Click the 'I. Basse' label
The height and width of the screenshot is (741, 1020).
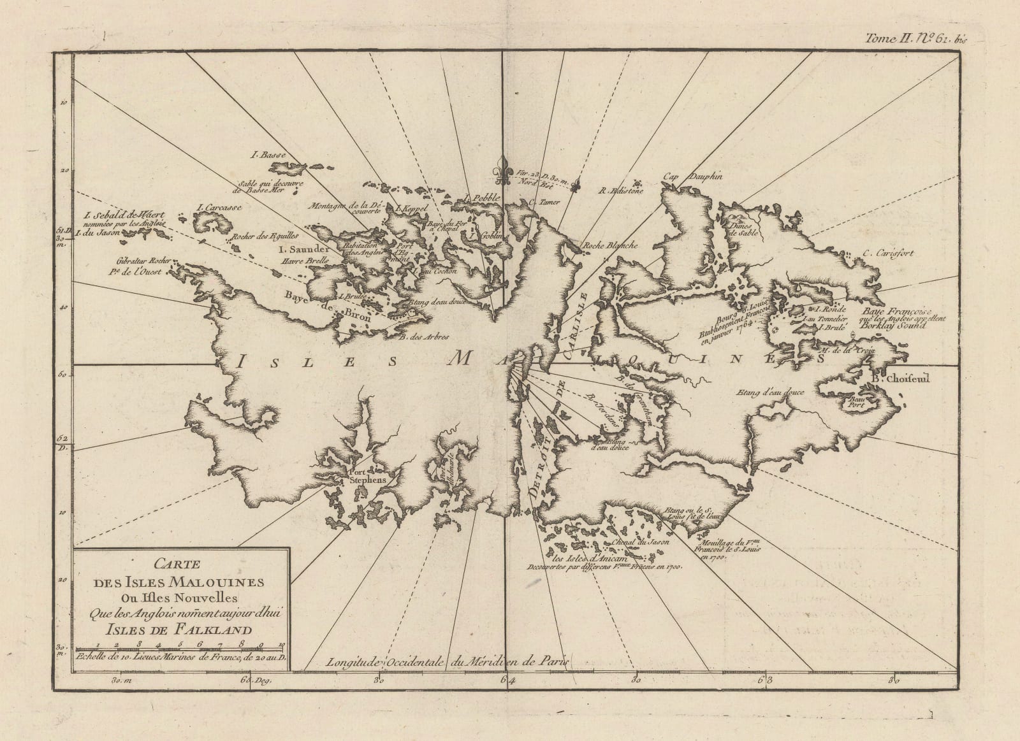263,155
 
